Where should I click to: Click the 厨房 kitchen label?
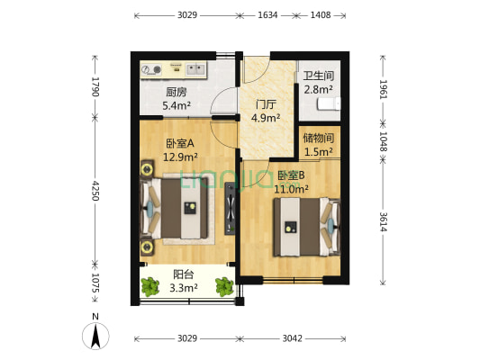click(x=177, y=92)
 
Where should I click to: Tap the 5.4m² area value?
click(x=177, y=105)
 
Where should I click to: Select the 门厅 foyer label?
click(x=265, y=103)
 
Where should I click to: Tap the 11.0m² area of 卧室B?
click(x=293, y=189)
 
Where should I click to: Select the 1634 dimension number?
click(x=267, y=15)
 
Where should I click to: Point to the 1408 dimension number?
click(x=322, y=15)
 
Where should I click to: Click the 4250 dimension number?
click(x=95, y=190)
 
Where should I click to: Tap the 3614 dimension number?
click(x=385, y=221)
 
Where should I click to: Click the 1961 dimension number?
click(x=385, y=88)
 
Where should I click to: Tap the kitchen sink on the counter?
click(x=195, y=67)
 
